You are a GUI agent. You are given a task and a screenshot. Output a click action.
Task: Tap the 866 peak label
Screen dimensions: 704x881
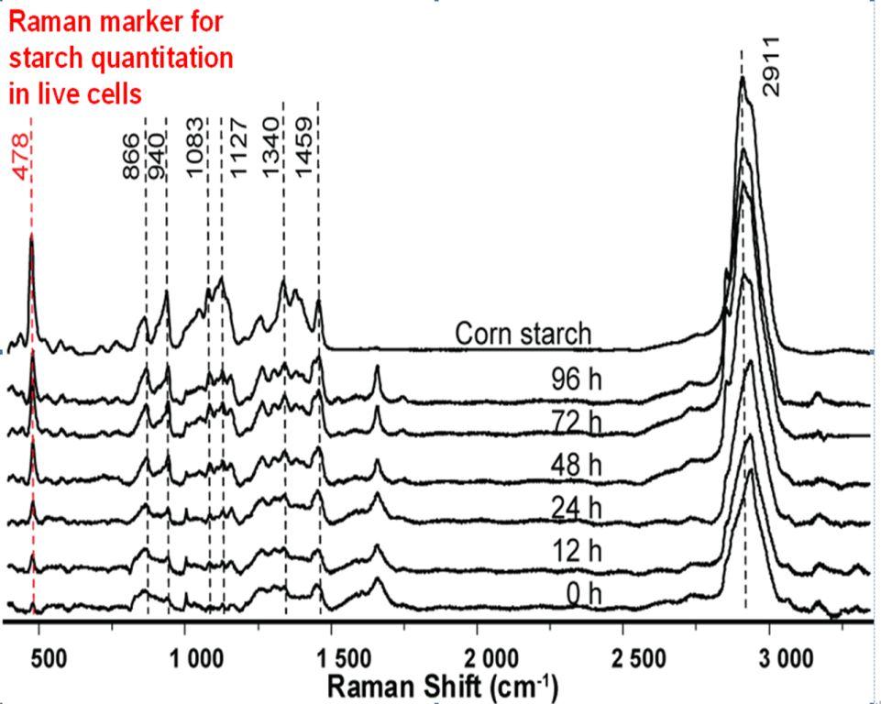pyautogui.click(x=131, y=156)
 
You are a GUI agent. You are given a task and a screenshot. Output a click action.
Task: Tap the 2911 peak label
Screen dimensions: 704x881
pyautogui.click(x=771, y=66)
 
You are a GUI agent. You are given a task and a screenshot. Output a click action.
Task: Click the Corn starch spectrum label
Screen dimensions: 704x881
pyautogui.click(x=523, y=334)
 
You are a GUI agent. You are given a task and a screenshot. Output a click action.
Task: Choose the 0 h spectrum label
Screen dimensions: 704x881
pyautogui.click(x=583, y=594)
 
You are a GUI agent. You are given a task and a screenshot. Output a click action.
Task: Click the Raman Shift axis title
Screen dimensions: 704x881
pyautogui.click(x=441, y=685)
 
